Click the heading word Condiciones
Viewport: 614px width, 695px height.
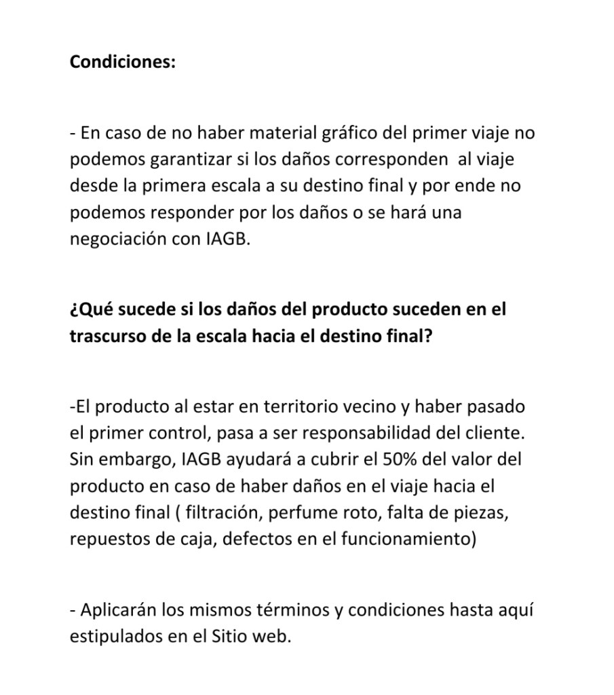122,62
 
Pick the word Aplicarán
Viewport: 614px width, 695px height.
119,610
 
